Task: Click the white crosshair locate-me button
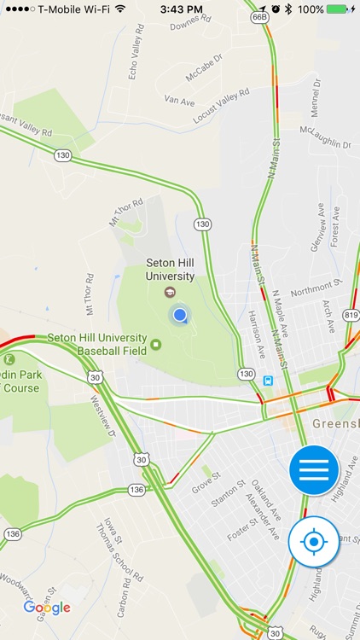[x=314, y=541]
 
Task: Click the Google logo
[x=47, y=608]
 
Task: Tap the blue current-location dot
[x=179, y=317]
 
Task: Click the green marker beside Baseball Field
[x=156, y=345]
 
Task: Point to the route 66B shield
[x=260, y=17]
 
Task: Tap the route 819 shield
[x=351, y=315]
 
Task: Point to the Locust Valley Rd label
[x=221, y=105]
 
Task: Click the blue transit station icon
[x=269, y=381]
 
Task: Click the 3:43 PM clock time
[x=181, y=9]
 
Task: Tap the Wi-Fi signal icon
[x=119, y=9]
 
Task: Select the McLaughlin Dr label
[x=326, y=137]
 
